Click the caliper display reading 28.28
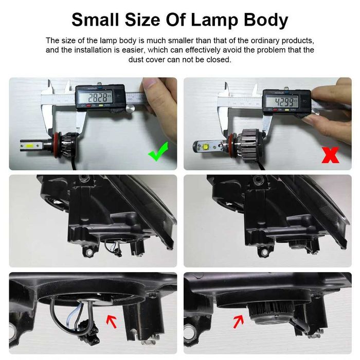tap(100, 97)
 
